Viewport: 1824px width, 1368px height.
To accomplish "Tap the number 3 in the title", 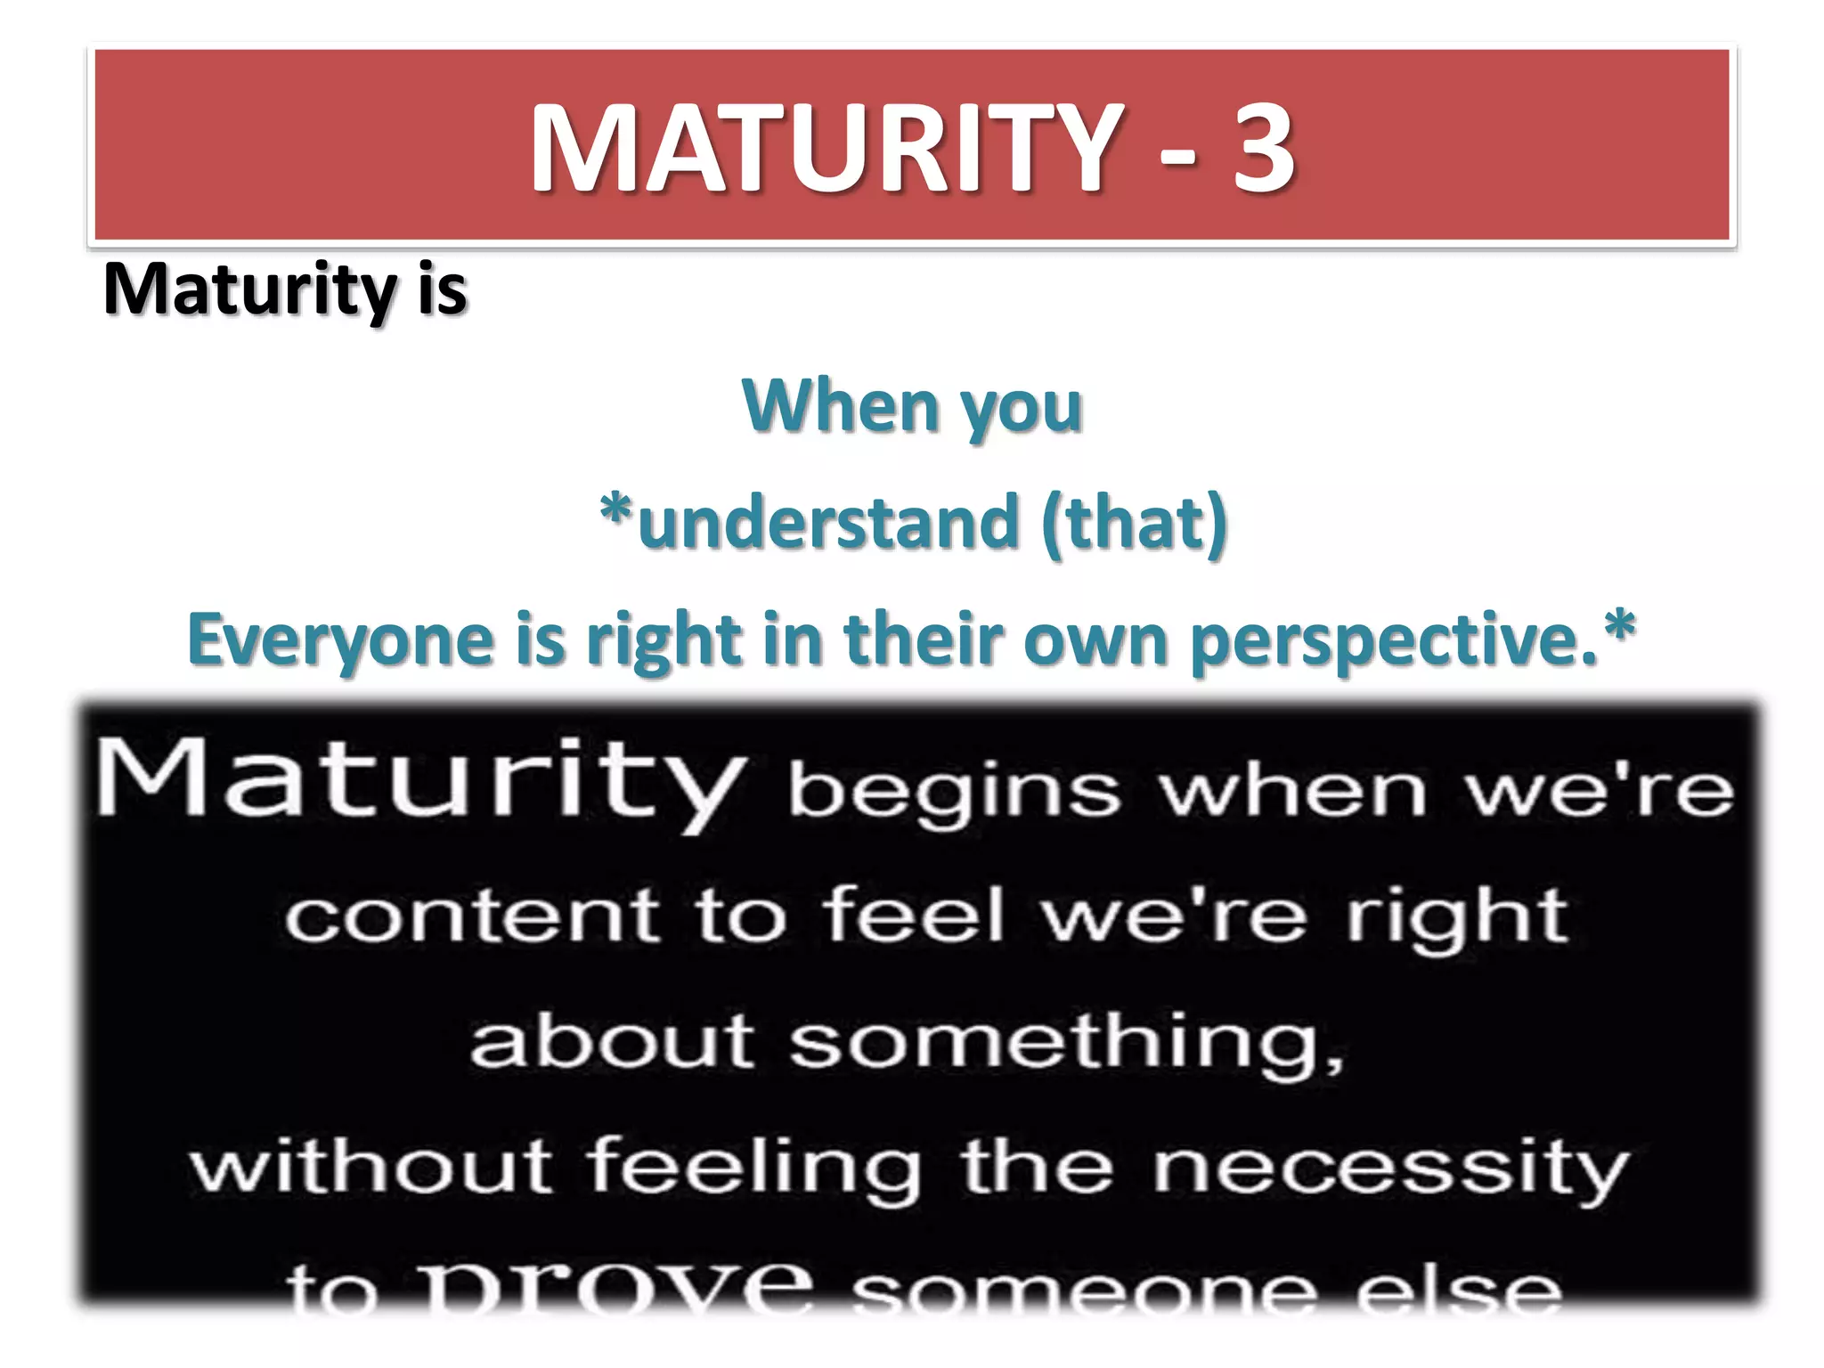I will [1263, 148].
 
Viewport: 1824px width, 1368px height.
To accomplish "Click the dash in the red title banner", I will [1178, 160].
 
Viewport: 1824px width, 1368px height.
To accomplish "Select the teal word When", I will [841, 406].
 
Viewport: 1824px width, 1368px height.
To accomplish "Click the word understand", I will [828, 523].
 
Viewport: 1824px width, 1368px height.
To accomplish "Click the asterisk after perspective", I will [1619, 627].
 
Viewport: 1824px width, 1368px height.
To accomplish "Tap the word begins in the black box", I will [953, 793].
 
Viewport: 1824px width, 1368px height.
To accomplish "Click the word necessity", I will [1390, 1168].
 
